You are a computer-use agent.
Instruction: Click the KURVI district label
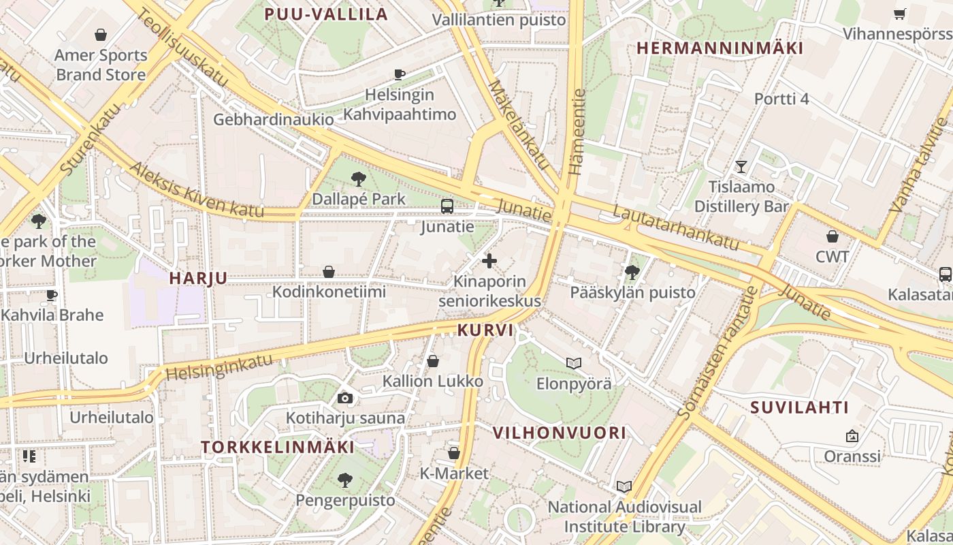click(486, 330)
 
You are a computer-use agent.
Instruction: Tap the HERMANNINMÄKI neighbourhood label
click(720, 48)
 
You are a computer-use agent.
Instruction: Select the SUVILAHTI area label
click(800, 408)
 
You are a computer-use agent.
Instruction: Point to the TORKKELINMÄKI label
click(278, 448)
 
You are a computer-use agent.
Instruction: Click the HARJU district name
click(198, 279)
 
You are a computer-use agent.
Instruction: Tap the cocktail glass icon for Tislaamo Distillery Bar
click(741, 167)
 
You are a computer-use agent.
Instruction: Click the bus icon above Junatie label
click(447, 206)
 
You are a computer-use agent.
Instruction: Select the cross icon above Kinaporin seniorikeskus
click(489, 261)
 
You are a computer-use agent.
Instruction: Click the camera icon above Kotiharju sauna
click(345, 398)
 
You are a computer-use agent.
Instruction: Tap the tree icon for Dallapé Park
click(358, 180)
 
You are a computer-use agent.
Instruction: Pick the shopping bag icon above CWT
click(832, 237)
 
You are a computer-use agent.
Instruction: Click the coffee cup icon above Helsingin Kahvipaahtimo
click(400, 74)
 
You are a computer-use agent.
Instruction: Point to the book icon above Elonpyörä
click(574, 363)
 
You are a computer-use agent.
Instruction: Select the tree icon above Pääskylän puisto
click(632, 272)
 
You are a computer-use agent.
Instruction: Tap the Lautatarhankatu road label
click(676, 226)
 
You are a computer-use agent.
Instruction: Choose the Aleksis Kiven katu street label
click(196, 190)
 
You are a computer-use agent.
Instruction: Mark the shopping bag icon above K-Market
click(454, 453)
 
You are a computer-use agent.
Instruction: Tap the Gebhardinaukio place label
click(274, 120)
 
